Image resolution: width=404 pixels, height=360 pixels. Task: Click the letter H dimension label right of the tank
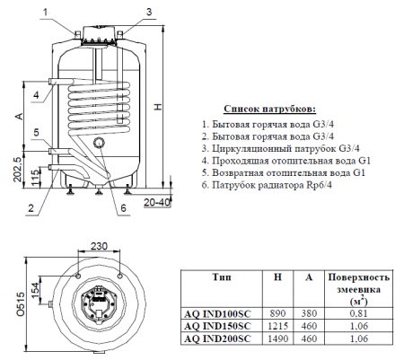point(158,109)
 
